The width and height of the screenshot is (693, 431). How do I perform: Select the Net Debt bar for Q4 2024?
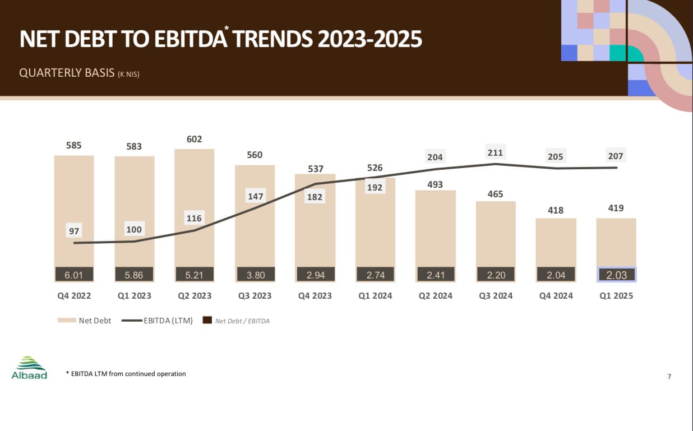coord(556,241)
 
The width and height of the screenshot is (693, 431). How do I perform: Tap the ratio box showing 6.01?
coord(74,275)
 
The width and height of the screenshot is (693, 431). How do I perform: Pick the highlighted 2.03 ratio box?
coord(616,275)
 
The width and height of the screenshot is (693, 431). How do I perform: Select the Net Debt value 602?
coord(194,139)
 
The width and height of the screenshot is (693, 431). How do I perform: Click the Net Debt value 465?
coord(495,194)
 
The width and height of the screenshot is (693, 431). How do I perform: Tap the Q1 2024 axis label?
coord(375,295)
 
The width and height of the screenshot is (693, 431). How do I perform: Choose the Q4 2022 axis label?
coord(74,295)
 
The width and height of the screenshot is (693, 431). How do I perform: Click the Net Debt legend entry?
coord(85,321)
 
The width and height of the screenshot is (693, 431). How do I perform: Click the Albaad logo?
coord(29,368)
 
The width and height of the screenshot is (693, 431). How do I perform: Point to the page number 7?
coord(669,376)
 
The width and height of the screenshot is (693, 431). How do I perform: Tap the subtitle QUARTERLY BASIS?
coord(66,73)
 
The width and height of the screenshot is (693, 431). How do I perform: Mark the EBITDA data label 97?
coord(74,231)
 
